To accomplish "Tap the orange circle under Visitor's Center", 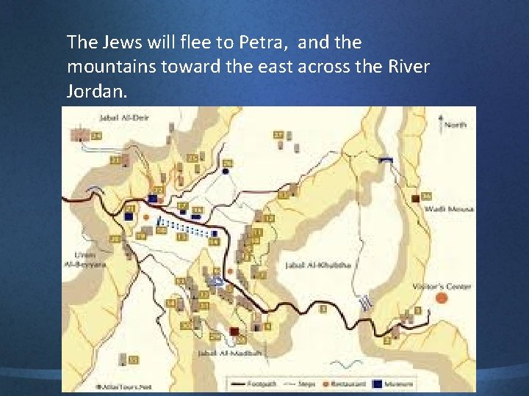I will tap(440, 298).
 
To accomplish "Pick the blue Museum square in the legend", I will tap(378, 384).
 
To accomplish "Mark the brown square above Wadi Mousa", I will tap(416, 197).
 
